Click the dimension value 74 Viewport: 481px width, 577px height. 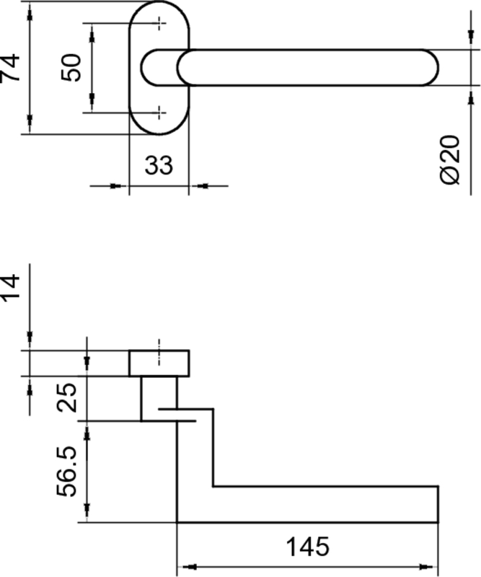[x=10, y=68]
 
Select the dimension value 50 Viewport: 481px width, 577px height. [x=71, y=67]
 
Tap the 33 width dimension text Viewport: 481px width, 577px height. [x=159, y=165]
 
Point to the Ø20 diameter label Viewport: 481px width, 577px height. [x=450, y=159]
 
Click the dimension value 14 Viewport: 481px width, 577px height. [x=10, y=288]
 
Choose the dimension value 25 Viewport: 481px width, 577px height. [x=66, y=398]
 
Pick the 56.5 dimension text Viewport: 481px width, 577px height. [x=66, y=472]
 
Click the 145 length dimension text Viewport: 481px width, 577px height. [x=308, y=547]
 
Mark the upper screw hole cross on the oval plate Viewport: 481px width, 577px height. [x=159, y=23]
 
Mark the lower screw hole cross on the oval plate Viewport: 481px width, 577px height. [x=159, y=113]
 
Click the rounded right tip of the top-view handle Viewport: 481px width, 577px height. [x=438, y=68]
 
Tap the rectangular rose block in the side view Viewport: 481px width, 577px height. [x=159, y=364]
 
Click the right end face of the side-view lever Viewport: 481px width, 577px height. [x=438, y=504]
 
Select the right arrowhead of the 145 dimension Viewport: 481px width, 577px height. [x=428, y=567]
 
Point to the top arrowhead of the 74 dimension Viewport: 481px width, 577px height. [x=30, y=11]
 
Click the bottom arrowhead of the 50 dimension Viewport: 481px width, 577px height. [x=92, y=103]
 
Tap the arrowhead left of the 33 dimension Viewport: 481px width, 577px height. [x=119, y=186]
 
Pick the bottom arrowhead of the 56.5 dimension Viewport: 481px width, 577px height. [x=87, y=513]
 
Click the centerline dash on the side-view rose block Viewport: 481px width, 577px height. [x=159, y=352]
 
